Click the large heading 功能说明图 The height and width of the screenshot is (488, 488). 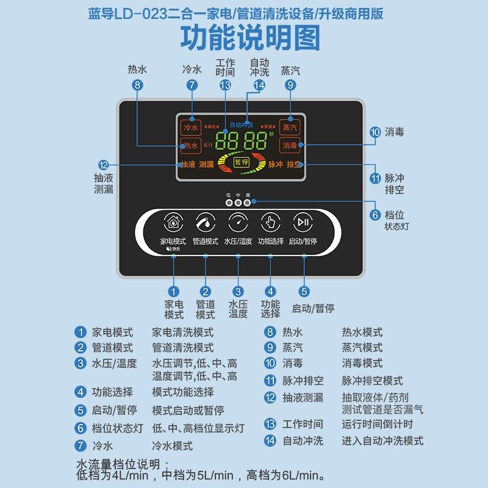250,37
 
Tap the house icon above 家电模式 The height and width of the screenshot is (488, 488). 173,222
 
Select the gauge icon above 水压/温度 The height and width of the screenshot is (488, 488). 238,222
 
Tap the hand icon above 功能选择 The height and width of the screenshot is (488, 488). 270,222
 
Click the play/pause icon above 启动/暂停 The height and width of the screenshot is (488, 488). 303,222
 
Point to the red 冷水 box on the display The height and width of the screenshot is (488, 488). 191,127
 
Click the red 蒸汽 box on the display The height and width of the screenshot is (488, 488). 290,127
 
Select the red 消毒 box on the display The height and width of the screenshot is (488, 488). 290,146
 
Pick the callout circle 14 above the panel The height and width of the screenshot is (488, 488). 260,85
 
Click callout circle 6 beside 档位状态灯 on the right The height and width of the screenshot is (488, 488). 375,215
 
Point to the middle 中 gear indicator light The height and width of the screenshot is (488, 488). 238,203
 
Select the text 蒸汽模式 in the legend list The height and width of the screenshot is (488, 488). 362,348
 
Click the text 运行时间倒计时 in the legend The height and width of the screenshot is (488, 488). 377,424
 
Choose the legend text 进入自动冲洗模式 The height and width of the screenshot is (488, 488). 382,440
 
